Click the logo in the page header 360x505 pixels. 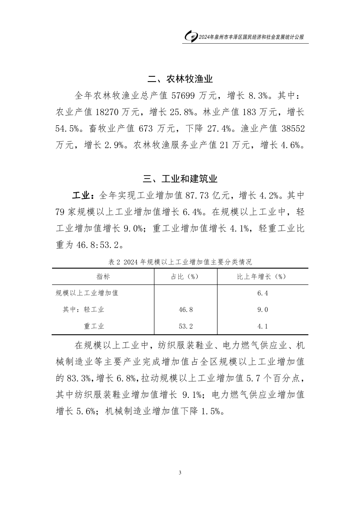(191, 37)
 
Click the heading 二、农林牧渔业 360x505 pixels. (180, 79)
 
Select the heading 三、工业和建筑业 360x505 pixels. (180, 179)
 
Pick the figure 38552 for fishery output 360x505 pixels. (289, 129)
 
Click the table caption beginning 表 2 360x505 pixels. (180, 262)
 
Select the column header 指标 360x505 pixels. (103, 277)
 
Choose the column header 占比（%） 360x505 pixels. (185, 277)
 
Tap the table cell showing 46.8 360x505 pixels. (185, 310)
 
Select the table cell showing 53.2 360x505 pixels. (185, 326)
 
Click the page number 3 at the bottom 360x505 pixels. (180, 473)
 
